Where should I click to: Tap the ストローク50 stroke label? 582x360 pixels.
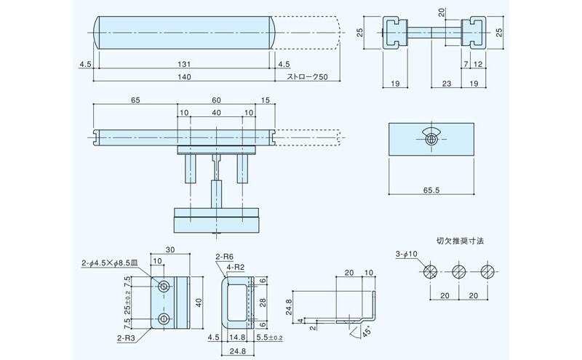click(307, 77)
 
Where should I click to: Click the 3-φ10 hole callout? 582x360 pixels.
click(406, 253)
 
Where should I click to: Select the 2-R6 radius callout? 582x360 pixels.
click(224, 257)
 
